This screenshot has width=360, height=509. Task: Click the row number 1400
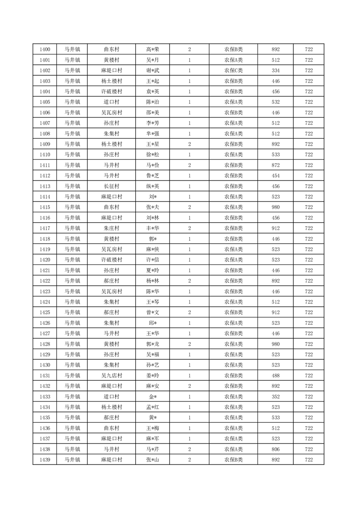tap(45, 49)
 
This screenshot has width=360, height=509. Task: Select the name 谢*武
tap(153, 70)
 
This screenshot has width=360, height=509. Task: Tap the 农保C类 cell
tap(233, 70)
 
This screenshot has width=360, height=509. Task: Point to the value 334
tap(275, 70)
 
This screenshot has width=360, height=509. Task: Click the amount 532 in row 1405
tap(275, 102)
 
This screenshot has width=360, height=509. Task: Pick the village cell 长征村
tap(111, 186)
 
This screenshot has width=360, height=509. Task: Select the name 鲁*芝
tap(153, 176)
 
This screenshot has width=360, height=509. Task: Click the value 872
tap(275, 165)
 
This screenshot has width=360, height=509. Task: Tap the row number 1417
tap(45, 228)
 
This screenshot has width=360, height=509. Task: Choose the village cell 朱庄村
tap(111, 228)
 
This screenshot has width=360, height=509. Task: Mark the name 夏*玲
tap(153, 270)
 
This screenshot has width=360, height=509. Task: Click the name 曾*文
tap(153, 313)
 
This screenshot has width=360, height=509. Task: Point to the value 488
tap(275, 376)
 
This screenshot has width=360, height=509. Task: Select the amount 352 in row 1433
tap(275, 396)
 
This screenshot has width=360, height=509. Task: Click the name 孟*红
tap(153, 407)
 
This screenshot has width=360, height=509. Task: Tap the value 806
tap(275, 449)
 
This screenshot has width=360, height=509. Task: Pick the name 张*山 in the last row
tap(153, 460)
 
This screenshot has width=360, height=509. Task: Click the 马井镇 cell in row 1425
tap(72, 313)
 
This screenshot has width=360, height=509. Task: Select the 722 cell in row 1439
tap(309, 460)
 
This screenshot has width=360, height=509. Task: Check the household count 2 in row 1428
tap(189, 344)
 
